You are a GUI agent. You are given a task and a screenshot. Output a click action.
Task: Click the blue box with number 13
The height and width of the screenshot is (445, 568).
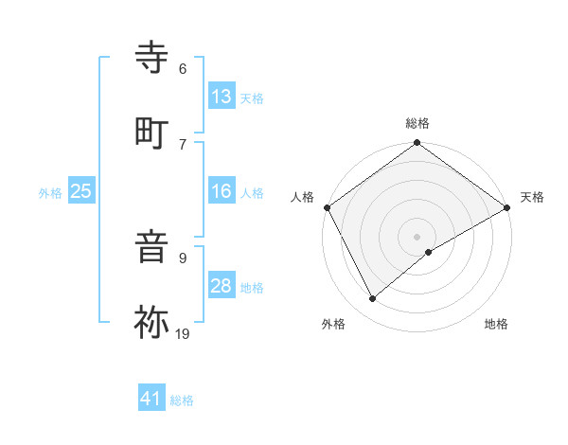point(222,97)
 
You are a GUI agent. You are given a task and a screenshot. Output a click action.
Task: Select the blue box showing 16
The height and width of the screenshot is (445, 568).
point(222,191)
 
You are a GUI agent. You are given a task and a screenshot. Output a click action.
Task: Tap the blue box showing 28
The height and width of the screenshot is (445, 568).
point(222,286)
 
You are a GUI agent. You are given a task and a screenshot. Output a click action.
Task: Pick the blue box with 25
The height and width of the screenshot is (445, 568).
point(81,191)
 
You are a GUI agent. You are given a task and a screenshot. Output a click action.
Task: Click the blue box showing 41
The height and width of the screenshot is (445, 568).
point(151,399)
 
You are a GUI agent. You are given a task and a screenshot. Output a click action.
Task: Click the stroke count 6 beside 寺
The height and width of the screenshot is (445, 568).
point(183,68)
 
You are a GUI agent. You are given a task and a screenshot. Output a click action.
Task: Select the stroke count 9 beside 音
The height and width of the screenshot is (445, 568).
point(183,257)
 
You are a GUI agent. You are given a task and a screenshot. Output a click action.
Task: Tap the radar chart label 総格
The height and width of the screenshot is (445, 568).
point(417,123)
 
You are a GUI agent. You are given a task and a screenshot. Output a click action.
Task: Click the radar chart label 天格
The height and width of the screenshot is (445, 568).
point(532,197)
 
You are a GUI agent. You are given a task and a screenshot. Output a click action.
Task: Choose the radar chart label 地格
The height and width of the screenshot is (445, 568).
point(496,324)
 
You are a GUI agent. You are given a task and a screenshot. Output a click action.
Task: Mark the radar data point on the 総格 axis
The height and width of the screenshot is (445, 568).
point(417,145)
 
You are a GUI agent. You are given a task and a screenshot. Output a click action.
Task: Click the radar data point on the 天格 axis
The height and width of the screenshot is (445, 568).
point(507,207)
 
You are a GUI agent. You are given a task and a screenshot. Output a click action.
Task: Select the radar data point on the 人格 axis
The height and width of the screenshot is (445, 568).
point(328,207)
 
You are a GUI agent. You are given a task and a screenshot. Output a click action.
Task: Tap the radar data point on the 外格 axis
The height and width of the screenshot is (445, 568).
point(373,299)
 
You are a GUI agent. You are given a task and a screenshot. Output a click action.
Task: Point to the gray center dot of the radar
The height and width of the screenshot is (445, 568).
point(417,236)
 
